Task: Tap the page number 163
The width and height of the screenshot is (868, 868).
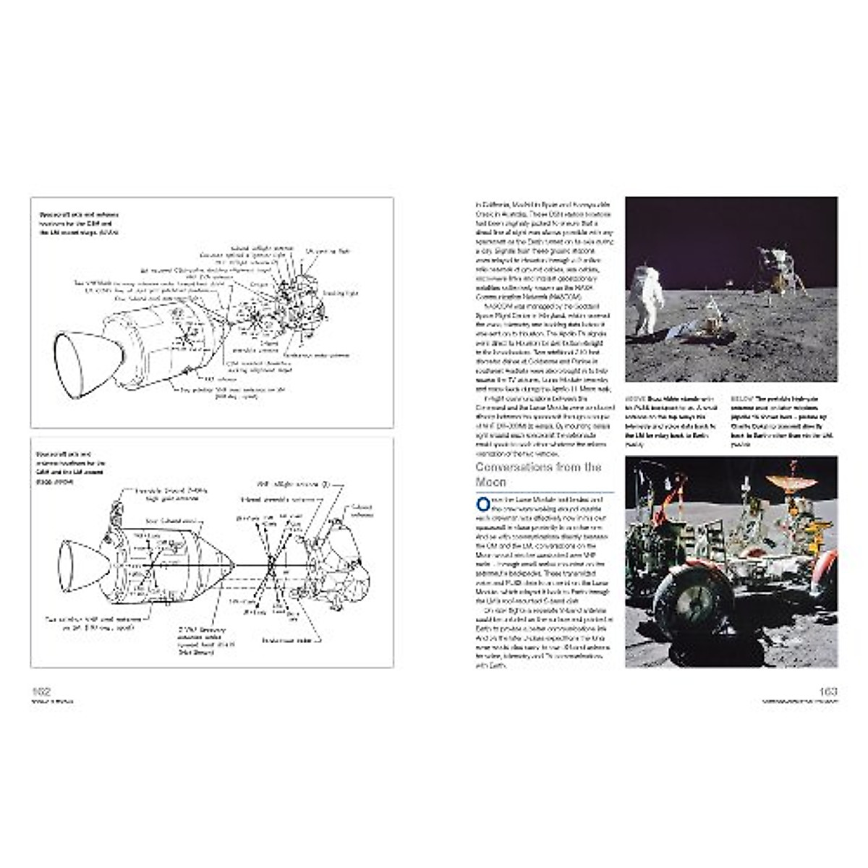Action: tap(827, 691)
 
